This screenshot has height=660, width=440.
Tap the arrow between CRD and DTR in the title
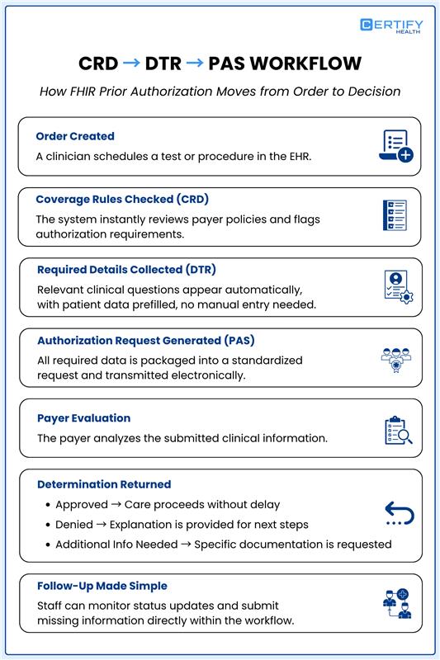click(130, 64)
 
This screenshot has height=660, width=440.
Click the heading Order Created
click(75, 136)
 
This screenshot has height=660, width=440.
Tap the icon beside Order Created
click(395, 146)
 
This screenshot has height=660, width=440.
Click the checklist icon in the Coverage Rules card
click(395, 216)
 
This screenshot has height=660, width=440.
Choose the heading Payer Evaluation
click(83, 418)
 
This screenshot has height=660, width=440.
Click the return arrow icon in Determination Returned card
click(399, 515)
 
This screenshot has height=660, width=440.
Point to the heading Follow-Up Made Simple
click(102, 586)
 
